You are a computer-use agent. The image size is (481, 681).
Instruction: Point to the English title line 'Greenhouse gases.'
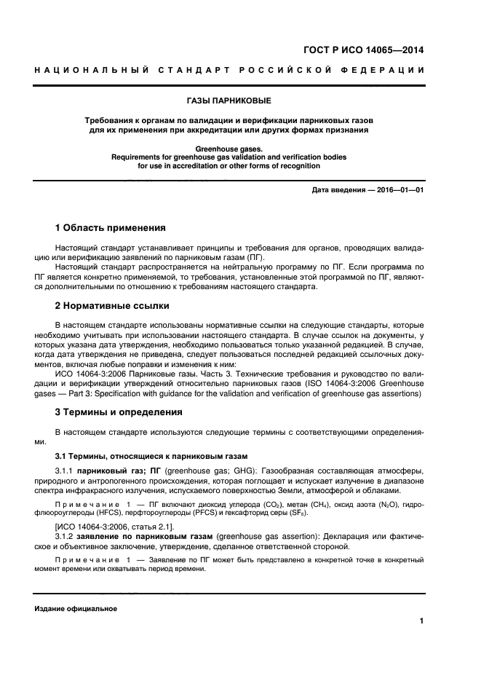(240, 149)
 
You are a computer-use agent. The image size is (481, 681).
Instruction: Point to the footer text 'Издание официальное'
(75, 608)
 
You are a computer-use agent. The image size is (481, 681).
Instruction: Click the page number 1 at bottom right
(421, 621)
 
